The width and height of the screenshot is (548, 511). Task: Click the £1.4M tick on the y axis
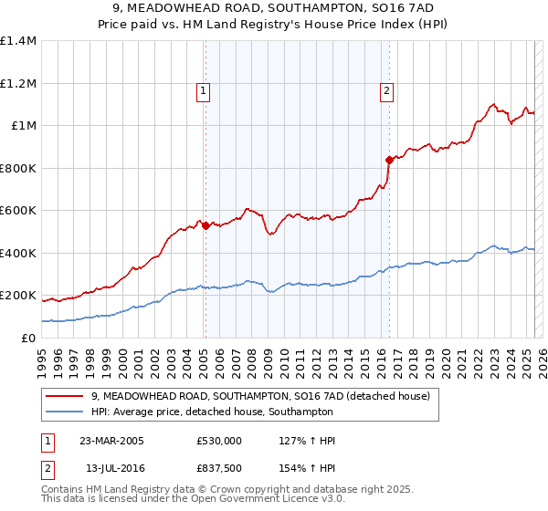[18, 41]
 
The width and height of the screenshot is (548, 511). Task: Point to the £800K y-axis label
[18, 168]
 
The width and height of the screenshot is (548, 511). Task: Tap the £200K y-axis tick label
[18, 296]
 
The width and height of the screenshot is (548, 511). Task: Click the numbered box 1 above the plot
[202, 89]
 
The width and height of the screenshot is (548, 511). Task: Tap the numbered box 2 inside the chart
[387, 89]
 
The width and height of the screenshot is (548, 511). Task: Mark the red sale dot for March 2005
[205, 225]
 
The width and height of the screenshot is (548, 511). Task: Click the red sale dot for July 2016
[390, 160]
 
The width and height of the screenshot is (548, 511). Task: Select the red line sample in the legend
[65, 396]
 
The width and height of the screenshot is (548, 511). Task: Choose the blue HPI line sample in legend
[65, 412]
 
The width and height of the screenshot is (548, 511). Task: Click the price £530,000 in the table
[218, 441]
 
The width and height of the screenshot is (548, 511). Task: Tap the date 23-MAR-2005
[111, 441]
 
